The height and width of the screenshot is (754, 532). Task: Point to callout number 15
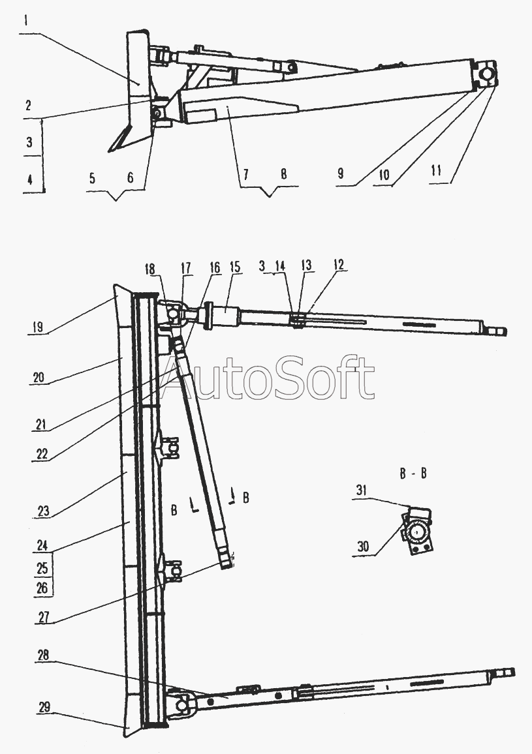coord(235,267)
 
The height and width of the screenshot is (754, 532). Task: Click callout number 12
coord(339,265)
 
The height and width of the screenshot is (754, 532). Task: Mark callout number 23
coord(43,511)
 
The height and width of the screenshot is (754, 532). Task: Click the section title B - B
coord(413,473)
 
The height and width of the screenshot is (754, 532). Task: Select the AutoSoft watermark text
coord(268,378)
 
